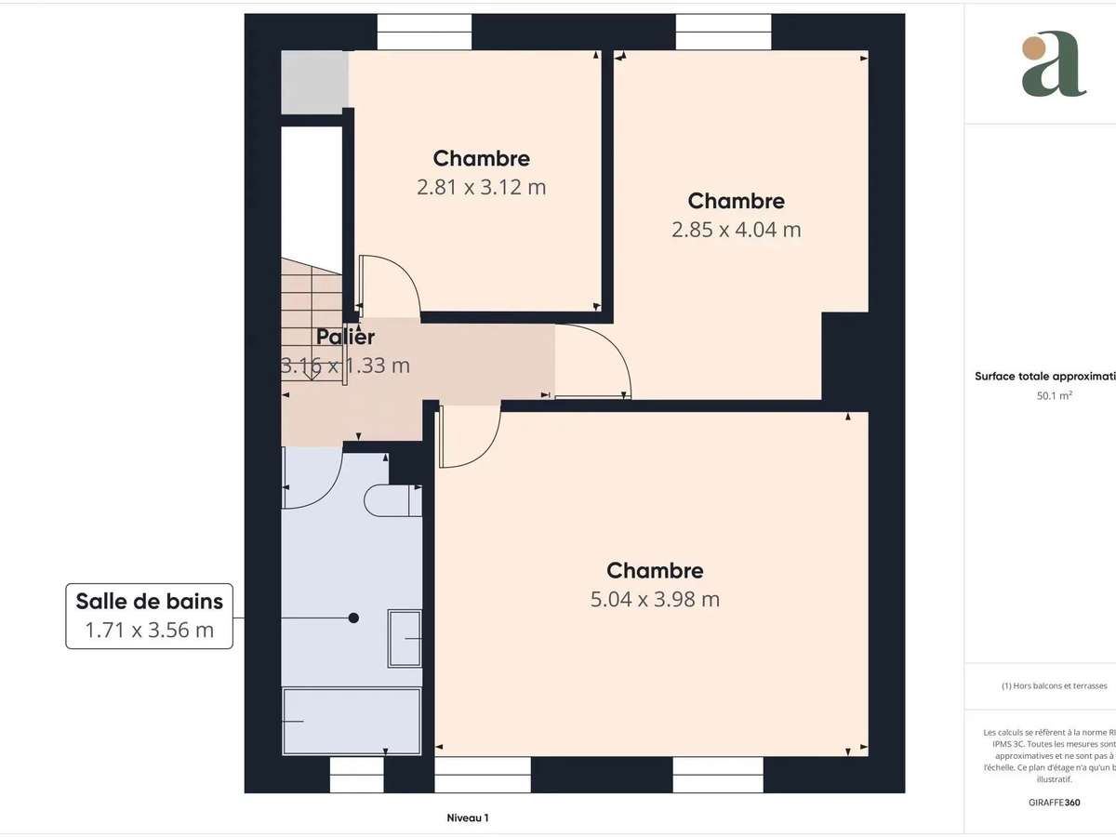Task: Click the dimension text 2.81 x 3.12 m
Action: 481,187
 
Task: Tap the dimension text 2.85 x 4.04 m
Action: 736,230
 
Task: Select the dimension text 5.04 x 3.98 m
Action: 655,600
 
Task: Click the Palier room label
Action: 345,337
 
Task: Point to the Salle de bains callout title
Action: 149,601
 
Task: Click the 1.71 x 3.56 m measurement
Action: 149,631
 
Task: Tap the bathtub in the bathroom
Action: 352,721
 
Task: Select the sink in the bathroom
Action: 405,638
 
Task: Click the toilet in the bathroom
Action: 392,500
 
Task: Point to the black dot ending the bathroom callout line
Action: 353,618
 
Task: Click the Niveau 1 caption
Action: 468,818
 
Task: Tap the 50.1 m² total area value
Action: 1041,394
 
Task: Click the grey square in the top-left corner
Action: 314,83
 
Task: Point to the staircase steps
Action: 312,307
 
